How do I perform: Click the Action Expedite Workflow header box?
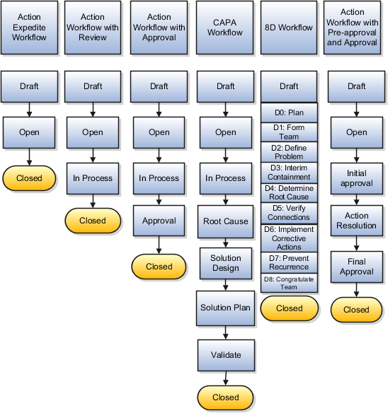[29, 28]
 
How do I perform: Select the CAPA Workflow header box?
[225, 28]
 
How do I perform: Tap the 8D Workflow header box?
[289, 28]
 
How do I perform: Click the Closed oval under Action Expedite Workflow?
[29, 178]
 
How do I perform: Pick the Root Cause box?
[225, 221]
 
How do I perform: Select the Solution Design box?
[225, 263]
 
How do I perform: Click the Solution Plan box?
[225, 307]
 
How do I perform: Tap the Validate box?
[225, 355]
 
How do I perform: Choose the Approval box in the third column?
[159, 221]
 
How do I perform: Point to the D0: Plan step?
[289, 112]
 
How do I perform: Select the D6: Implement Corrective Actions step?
[289, 238]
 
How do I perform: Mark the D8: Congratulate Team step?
[289, 283]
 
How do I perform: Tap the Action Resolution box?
[356, 221]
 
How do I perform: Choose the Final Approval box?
[356, 267]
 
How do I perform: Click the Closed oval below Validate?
[225, 397]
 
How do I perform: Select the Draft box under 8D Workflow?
[289, 87]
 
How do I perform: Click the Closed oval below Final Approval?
[356, 309]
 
